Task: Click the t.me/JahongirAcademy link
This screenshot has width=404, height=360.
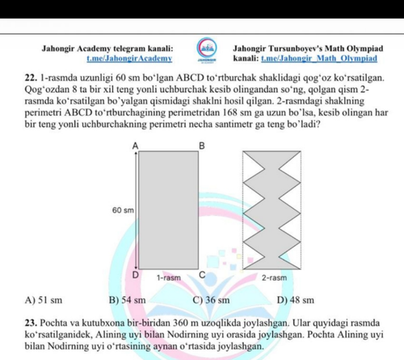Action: (129, 58)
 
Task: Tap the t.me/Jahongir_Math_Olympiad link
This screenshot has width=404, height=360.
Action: (319, 58)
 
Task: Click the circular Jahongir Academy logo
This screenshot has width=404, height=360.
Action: (206, 47)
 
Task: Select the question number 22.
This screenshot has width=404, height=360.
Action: (31, 78)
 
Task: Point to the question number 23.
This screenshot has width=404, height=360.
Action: (31, 323)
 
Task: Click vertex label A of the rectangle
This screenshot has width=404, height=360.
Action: (135, 146)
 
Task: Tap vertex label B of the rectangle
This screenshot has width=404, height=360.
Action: (202, 146)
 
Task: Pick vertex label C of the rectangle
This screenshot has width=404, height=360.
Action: (202, 275)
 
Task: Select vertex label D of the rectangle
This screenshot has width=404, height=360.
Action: (136, 275)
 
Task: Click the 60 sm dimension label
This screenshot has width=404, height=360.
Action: (123, 210)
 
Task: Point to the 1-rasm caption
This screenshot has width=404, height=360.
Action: (169, 277)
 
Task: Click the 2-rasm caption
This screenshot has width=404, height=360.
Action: (275, 277)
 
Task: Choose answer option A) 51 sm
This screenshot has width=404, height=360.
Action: (44, 300)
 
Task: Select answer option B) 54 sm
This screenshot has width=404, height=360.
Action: (128, 300)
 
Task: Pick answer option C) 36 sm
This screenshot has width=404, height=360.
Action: (212, 300)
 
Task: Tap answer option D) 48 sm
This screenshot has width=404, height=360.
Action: (296, 300)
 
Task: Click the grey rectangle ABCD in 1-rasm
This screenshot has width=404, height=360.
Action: (169, 210)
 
